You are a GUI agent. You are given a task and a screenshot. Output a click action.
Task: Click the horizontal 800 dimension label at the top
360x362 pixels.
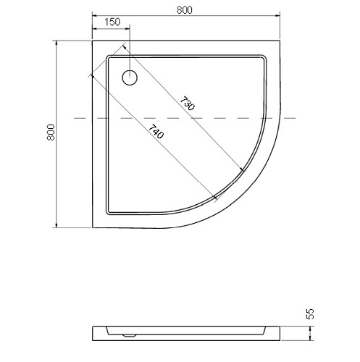tap(185, 10)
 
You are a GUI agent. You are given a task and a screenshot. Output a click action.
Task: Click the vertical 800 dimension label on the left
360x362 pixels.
tap(51, 132)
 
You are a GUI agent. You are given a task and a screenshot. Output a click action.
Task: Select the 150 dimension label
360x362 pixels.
tap(112, 22)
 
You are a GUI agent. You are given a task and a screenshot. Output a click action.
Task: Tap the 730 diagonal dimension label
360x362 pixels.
tap(187, 104)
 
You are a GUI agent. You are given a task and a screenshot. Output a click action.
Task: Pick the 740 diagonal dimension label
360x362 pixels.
tap(156, 132)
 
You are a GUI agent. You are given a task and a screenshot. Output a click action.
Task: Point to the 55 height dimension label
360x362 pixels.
tap(310, 313)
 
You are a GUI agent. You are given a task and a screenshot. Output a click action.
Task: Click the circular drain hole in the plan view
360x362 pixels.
tap(130, 77)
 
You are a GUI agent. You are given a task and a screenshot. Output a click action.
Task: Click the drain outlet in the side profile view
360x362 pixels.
tap(129, 335)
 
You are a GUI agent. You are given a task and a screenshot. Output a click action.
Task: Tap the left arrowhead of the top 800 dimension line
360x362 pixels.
tap(95, 16)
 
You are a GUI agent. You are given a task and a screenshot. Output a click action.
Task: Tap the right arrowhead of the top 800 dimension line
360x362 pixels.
tap(277, 16)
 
